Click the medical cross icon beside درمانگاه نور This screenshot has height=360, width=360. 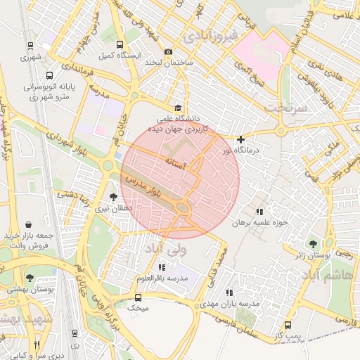click(x=241, y=140)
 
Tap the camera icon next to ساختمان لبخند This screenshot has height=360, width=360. click(x=168, y=51)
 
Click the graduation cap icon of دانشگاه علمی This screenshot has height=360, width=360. click(x=178, y=108)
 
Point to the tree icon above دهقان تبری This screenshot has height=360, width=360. click(x=113, y=198)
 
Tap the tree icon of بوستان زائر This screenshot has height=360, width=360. click(x=313, y=245)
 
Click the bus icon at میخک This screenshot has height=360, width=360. click(x=138, y=297)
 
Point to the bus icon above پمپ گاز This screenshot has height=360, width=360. click(x=288, y=326)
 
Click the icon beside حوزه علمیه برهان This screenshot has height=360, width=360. click(x=259, y=211)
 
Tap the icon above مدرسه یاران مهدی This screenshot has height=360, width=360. click(x=229, y=292)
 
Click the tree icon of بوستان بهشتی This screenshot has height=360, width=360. click(x=30, y=278)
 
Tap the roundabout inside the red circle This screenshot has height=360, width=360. click(x=183, y=207)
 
